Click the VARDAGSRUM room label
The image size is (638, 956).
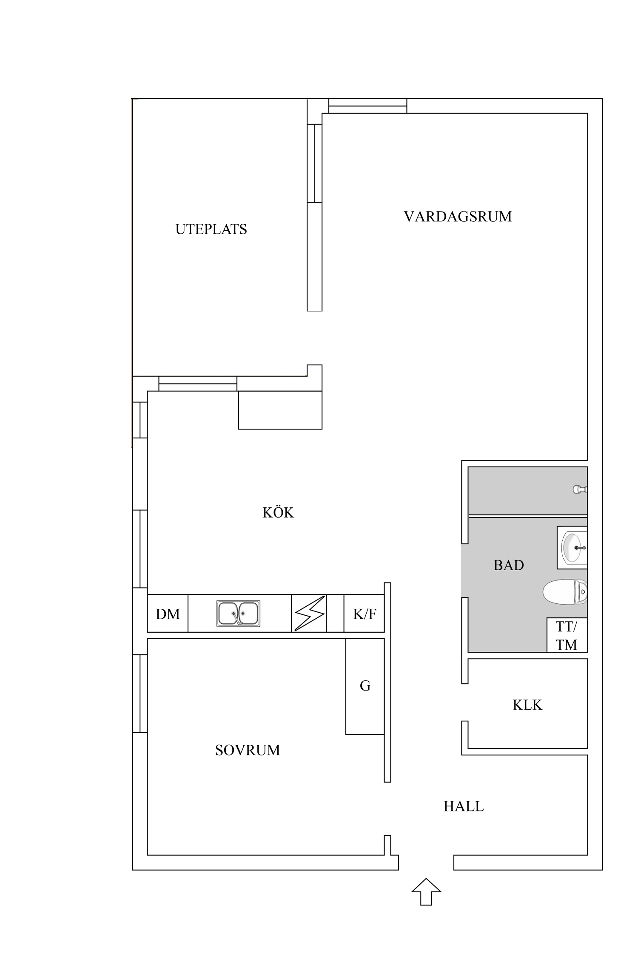pyautogui.click(x=458, y=217)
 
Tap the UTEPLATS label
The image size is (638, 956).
pyautogui.click(x=211, y=229)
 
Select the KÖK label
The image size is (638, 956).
pyautogui.click(x=278, y=513)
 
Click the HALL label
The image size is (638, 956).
pyautogui.click(x=464, y=806)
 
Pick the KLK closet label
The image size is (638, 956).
pyautogui.click(x=527, y=705)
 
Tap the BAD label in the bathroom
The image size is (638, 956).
pyautogui.click(x=508, y=565)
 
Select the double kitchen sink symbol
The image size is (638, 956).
pyautogui.click(x=238, y=614)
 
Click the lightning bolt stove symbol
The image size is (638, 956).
pyautogui.click(x=309, y=614)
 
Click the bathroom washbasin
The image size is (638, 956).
pyautogui.click(x=572, y=548)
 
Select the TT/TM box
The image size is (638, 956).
pyautogui.click(x=567, y=635)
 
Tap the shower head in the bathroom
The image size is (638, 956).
pyautogui.click(x=580, y=489)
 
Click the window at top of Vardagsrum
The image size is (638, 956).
pyautogui.click(x=367, y=106)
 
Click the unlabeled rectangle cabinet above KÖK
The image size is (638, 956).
pyautogui.click(x=280, y=410)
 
